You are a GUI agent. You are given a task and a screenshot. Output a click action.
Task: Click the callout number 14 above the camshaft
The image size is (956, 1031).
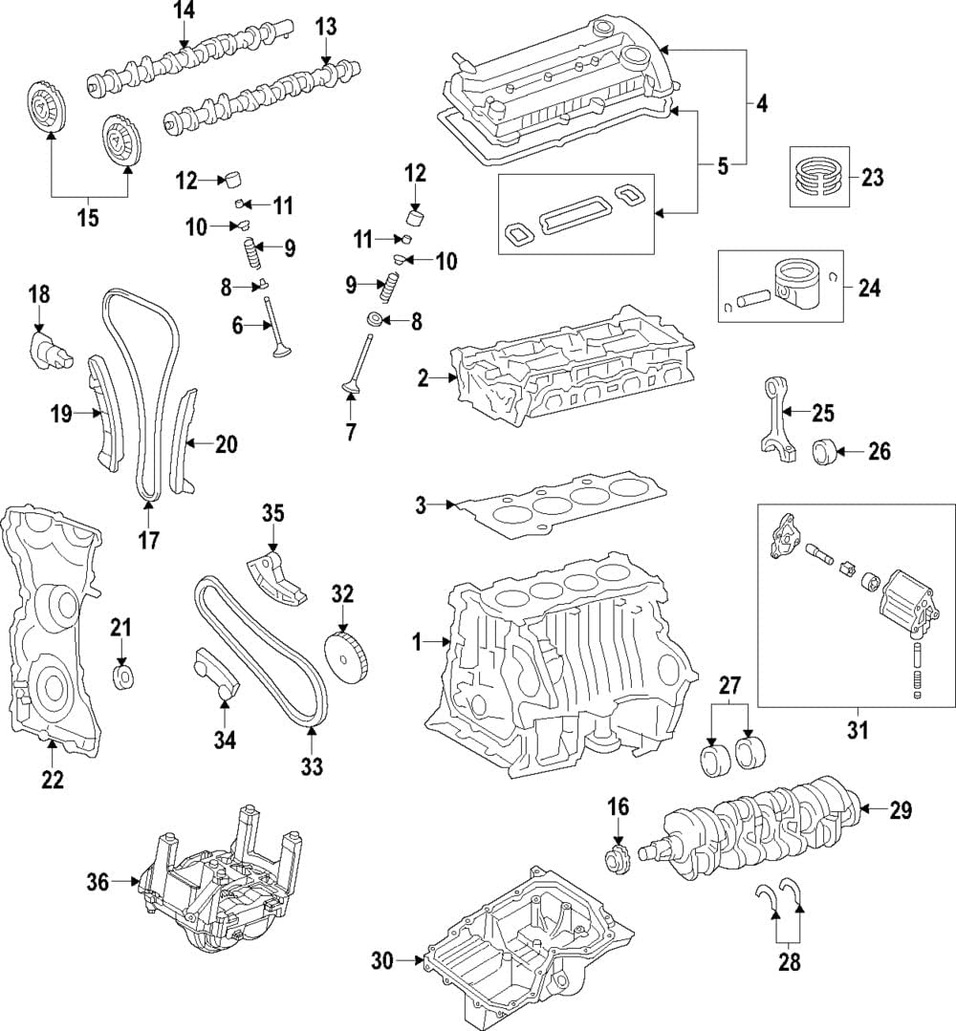pyautogui.click(x=184, y=11)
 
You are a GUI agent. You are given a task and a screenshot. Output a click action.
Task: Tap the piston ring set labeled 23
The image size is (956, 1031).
pyautogui.click(x=819, y=177)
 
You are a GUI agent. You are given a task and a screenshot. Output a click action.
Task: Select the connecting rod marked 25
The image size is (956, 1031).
pyautogui.click(x=774, y=420)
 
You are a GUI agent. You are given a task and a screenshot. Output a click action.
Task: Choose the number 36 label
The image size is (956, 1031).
pyautogui.click(x=98, y=882)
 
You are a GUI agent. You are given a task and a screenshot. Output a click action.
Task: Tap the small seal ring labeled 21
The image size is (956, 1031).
pyautogui.click(x=122, y=678)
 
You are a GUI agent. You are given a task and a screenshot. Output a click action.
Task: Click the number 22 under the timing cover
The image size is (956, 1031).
pyautogui.click(x=52, y=779)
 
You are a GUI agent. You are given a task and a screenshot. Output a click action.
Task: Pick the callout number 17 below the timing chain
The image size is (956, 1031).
pyautogui.click(x=148, y=540)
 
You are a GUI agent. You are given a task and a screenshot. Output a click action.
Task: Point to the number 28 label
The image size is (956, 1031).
pyautogui.click(x=789, y=961)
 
